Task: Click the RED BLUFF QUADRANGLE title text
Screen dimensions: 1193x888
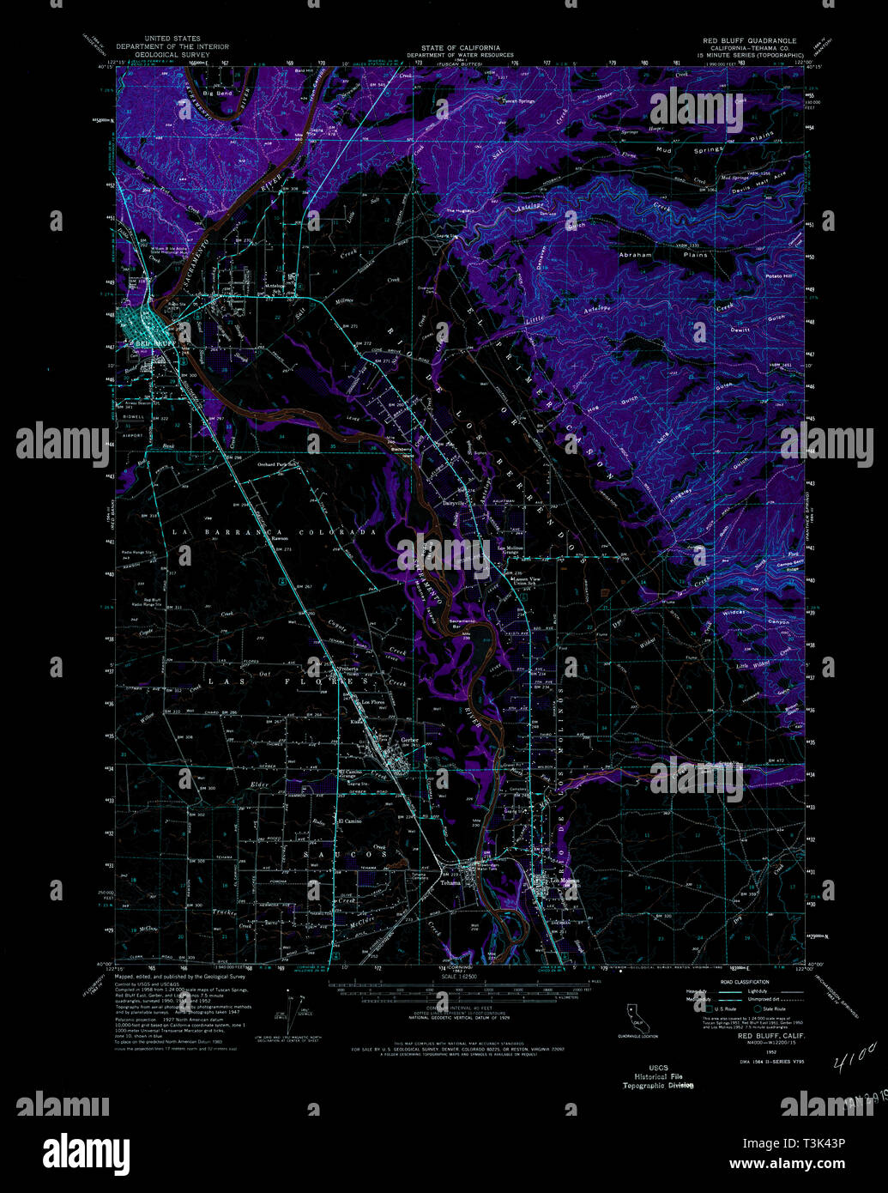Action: (750, 40)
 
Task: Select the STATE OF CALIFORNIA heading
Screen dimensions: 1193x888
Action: (455, 48)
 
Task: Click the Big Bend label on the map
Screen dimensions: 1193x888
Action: (218, 92)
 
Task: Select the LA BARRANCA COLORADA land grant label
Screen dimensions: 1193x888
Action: (275, 532)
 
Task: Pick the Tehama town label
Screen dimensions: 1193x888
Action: (450, 882)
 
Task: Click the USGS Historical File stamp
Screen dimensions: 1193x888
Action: (658, 1076)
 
